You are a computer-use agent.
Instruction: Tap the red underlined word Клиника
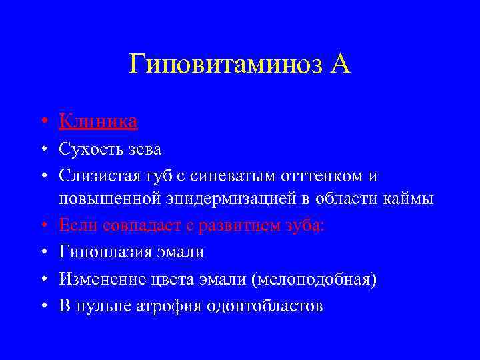98,121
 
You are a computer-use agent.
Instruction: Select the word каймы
409,199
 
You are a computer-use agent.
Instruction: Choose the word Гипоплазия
103,252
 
